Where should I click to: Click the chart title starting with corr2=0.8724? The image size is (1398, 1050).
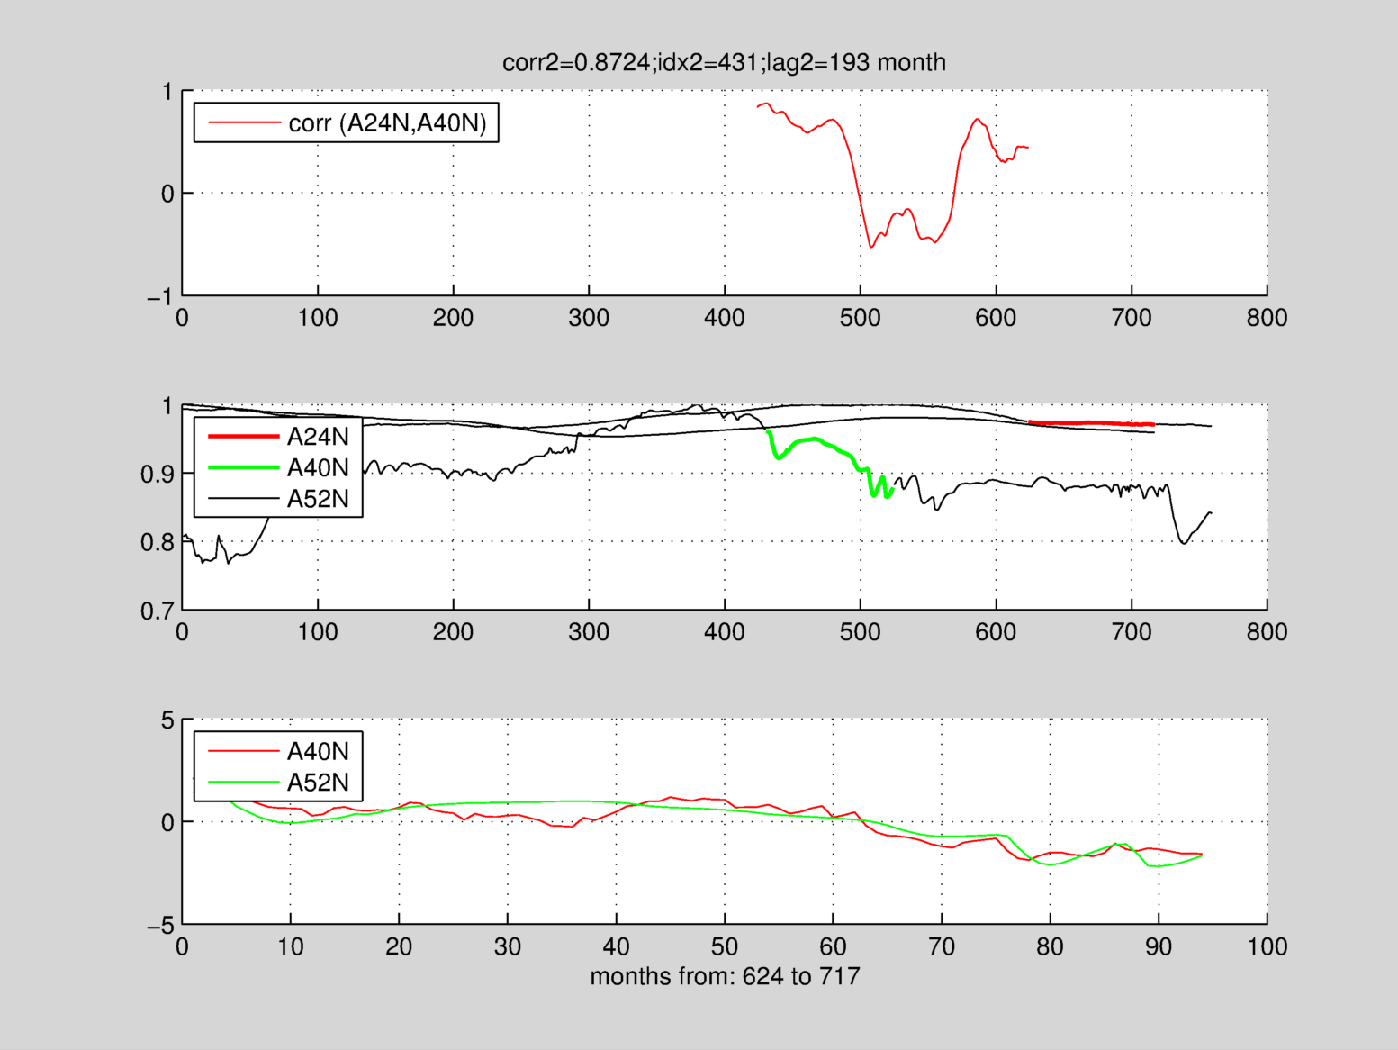point(724,62)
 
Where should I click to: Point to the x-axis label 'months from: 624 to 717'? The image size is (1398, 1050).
point(725,976)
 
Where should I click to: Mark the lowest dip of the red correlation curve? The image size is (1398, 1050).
point(871,246)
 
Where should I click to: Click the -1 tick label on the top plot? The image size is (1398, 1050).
point(160,296)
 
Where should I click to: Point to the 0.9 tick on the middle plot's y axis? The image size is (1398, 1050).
point(158,475)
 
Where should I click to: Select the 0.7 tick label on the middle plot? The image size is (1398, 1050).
point(158,611)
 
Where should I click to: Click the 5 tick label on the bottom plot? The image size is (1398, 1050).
point(167,720)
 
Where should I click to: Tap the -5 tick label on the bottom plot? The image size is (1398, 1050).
point(160,926)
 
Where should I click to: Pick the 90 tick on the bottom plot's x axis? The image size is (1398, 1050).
point(1159,946)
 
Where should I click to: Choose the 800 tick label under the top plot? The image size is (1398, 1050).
point(1267,318)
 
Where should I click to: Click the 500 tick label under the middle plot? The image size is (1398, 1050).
point(860,632)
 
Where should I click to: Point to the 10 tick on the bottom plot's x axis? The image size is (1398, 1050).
point(290,946)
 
